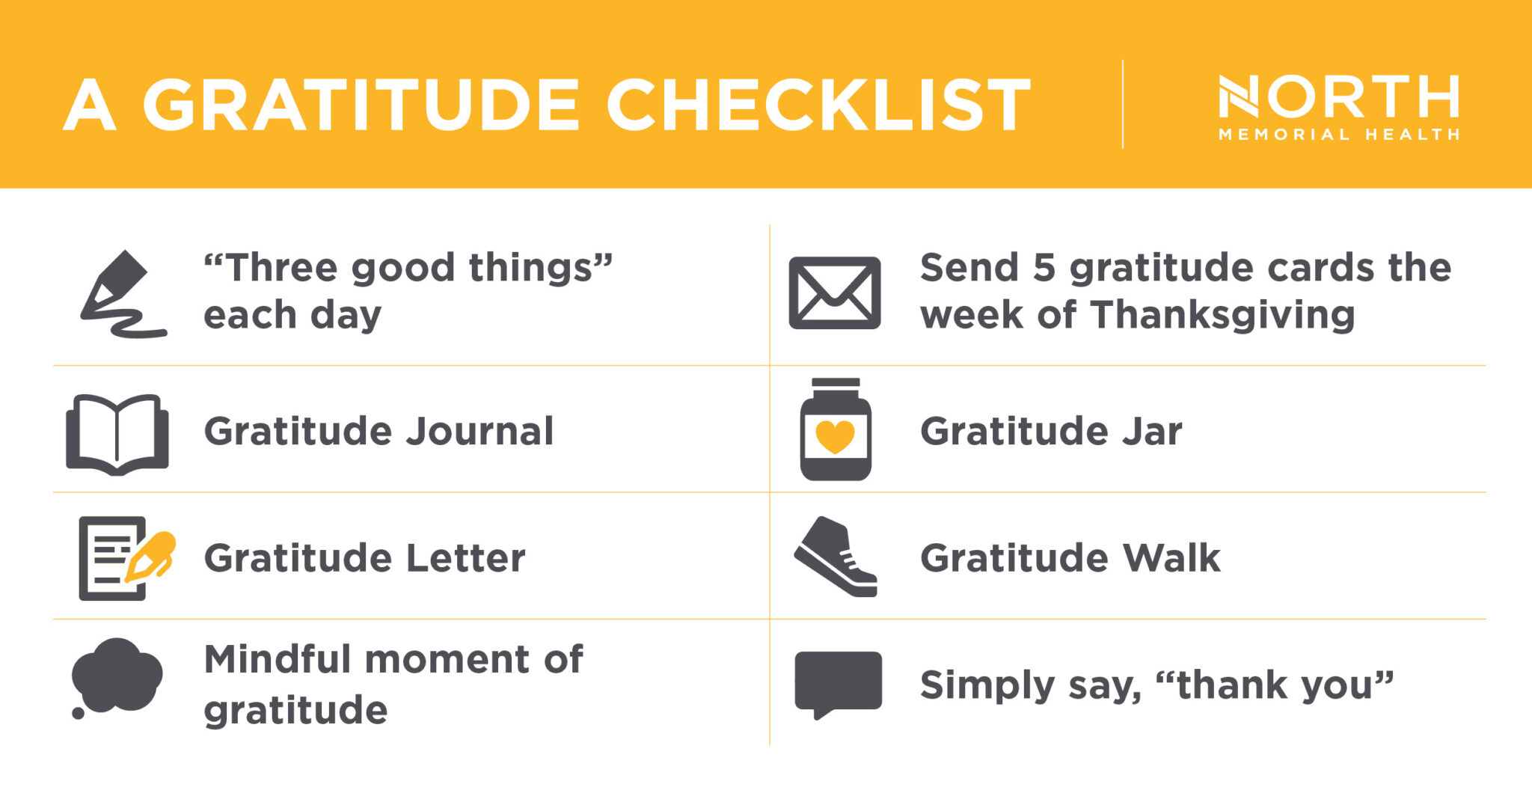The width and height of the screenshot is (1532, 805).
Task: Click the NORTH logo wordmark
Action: click(x=1339, y=97)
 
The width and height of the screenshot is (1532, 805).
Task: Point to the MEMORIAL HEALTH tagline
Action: click(x=1339, y=135)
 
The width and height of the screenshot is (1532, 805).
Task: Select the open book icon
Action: click(x=117, y=434)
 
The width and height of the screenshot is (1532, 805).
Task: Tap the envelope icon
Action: click(x=835, y=293)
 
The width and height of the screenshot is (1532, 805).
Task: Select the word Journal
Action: click(x=479, y=432)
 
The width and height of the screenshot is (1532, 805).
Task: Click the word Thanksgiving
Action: click(x=1222, y=315)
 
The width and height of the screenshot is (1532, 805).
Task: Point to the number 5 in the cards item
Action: click(x=1044, y=268)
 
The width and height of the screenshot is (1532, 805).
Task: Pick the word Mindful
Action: click(x=278, y=660)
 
